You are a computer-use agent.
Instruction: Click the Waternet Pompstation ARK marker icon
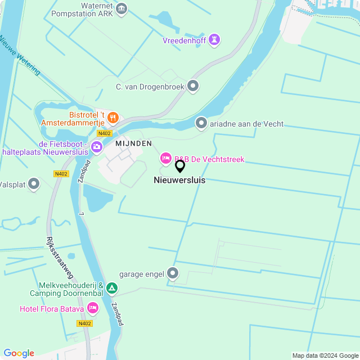coord(121,8)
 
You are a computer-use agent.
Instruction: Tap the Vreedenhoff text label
coord(184,40)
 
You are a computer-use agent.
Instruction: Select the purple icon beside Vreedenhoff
coord(214,39)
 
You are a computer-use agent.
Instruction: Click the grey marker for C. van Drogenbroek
coord(193,86)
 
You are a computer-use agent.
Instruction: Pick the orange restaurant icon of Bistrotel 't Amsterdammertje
coord(113,118)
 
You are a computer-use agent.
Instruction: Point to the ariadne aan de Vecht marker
coord(201,123)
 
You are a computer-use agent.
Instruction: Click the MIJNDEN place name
coord(133,143)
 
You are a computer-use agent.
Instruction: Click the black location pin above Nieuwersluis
coord(180,166)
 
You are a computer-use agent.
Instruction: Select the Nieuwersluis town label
coord(179,181)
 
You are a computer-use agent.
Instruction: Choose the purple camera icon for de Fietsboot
coord(97,147)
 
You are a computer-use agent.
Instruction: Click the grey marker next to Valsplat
coord(34,183)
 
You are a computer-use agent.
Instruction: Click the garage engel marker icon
coord(173,274)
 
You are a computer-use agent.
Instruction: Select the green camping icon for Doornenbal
coord(112,289)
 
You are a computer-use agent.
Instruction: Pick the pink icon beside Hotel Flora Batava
coord(92,308)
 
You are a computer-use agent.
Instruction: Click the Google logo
coord(19,353)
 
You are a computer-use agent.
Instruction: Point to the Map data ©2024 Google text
coord(325,355)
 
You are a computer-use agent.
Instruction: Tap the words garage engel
coord(141,274)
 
